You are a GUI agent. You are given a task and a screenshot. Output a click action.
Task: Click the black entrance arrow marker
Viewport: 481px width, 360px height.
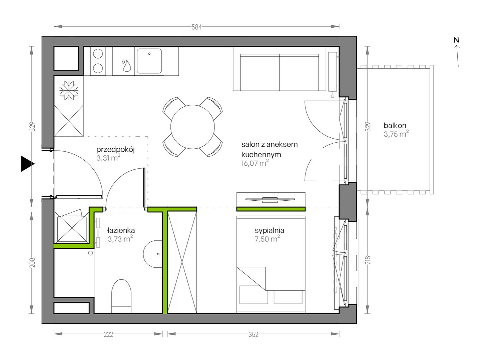[x=27, y=164]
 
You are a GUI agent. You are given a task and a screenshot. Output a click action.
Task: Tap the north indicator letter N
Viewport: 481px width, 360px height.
[x=456, y=40]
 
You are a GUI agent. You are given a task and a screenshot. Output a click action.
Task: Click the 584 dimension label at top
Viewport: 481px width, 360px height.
[x=196, y=27]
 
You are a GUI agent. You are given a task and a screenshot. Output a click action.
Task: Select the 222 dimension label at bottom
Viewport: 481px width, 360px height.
[x=108, y=335]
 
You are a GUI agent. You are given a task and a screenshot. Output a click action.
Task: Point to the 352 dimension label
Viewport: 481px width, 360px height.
[x=253, y=335]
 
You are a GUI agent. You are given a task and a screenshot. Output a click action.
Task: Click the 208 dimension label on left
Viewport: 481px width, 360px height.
[x=32, y=262]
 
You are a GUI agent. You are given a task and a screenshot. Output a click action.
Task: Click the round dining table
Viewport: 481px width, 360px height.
[x=192, y=127]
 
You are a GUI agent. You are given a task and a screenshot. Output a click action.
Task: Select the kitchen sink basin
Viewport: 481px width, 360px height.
[x=149, y=61]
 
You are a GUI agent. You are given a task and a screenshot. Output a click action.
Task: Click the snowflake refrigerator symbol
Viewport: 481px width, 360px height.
[x=69, y=90]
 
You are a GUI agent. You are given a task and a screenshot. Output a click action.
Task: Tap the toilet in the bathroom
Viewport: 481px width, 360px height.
[x=121, y=296]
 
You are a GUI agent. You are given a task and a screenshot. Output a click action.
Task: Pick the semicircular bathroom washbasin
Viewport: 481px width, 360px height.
[x=153, y=254]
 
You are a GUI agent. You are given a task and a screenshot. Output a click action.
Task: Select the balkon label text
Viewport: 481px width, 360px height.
[x=395, y=125]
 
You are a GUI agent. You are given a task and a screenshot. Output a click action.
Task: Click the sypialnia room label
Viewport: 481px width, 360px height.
[x=269, y=231]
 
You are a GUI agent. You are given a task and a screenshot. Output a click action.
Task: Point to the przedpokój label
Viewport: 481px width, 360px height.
[x=115, y=150]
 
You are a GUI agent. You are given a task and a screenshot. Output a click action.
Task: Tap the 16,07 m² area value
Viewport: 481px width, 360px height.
[x=255, y=163]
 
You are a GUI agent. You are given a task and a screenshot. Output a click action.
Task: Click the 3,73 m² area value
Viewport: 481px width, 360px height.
[x=120, y=239]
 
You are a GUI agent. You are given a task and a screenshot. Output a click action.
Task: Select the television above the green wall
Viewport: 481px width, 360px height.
[x=270, y=200]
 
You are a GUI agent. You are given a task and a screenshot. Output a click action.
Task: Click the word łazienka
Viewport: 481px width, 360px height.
[x=121, y=230]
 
